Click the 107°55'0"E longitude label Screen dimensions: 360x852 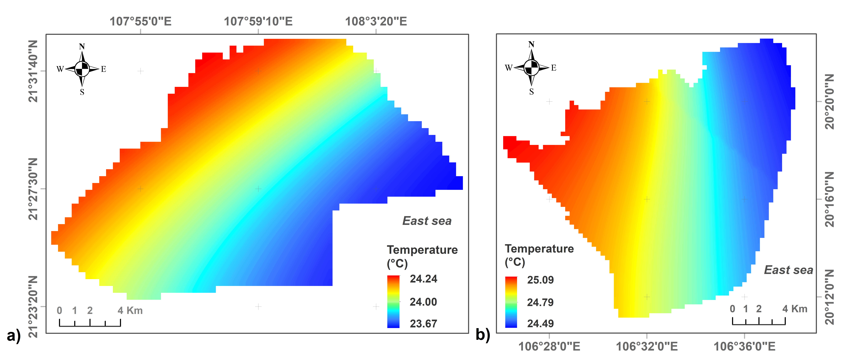tap(141, 21)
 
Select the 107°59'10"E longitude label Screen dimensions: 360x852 tap(258, 21)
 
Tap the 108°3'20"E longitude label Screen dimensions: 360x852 tap(376, 21)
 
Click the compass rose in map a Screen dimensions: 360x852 tap(82, 69)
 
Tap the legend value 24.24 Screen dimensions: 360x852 tap(423, 279)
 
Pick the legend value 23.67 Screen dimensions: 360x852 tap(423, 324)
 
